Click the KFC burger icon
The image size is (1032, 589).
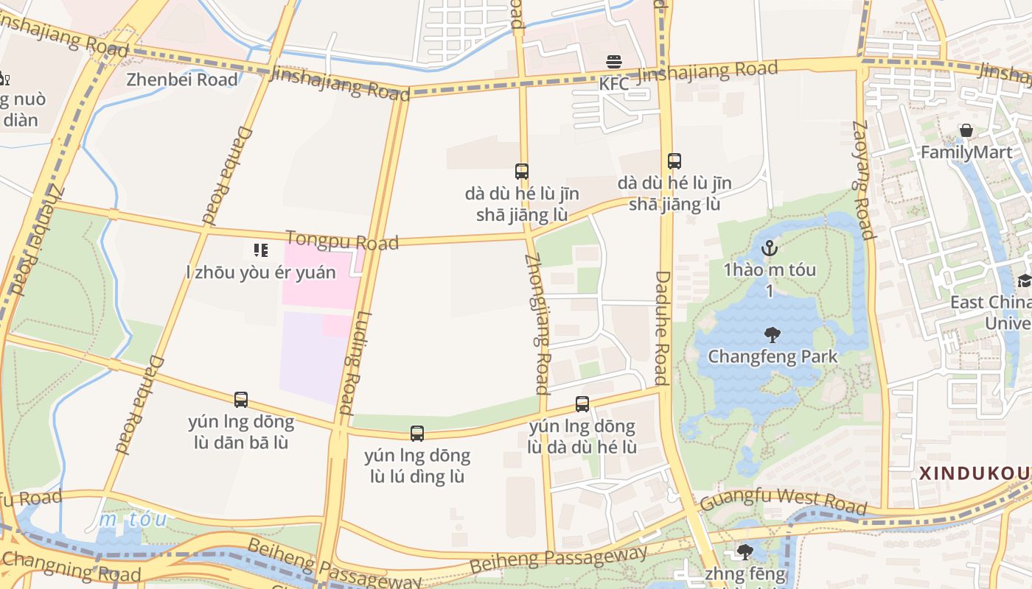pos(614,61)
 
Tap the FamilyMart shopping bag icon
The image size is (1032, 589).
pos(966,131)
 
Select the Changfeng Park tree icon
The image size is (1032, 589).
pos(773,336)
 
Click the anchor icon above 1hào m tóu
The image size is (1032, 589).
pos(770,248)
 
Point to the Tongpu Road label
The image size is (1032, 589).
pos(342,240)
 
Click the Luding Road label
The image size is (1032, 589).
pos(357,364)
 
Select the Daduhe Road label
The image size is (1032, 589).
pos(661,328)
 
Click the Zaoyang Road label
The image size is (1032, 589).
pos(862,180)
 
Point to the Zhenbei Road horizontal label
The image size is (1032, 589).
pos(182,80)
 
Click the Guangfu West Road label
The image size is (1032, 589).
pos(783,501)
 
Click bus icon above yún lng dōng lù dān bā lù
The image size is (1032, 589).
pos(241,400)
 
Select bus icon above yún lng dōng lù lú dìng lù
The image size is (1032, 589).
pos(417,434)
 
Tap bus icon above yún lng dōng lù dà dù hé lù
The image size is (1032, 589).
pos(582,404)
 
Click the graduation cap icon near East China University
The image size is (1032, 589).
pos(1024,281)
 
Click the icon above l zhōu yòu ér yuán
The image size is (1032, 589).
pos(260,250)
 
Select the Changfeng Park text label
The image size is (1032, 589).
pos(773,357)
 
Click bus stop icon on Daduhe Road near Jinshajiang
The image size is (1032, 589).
pos(674,161)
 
